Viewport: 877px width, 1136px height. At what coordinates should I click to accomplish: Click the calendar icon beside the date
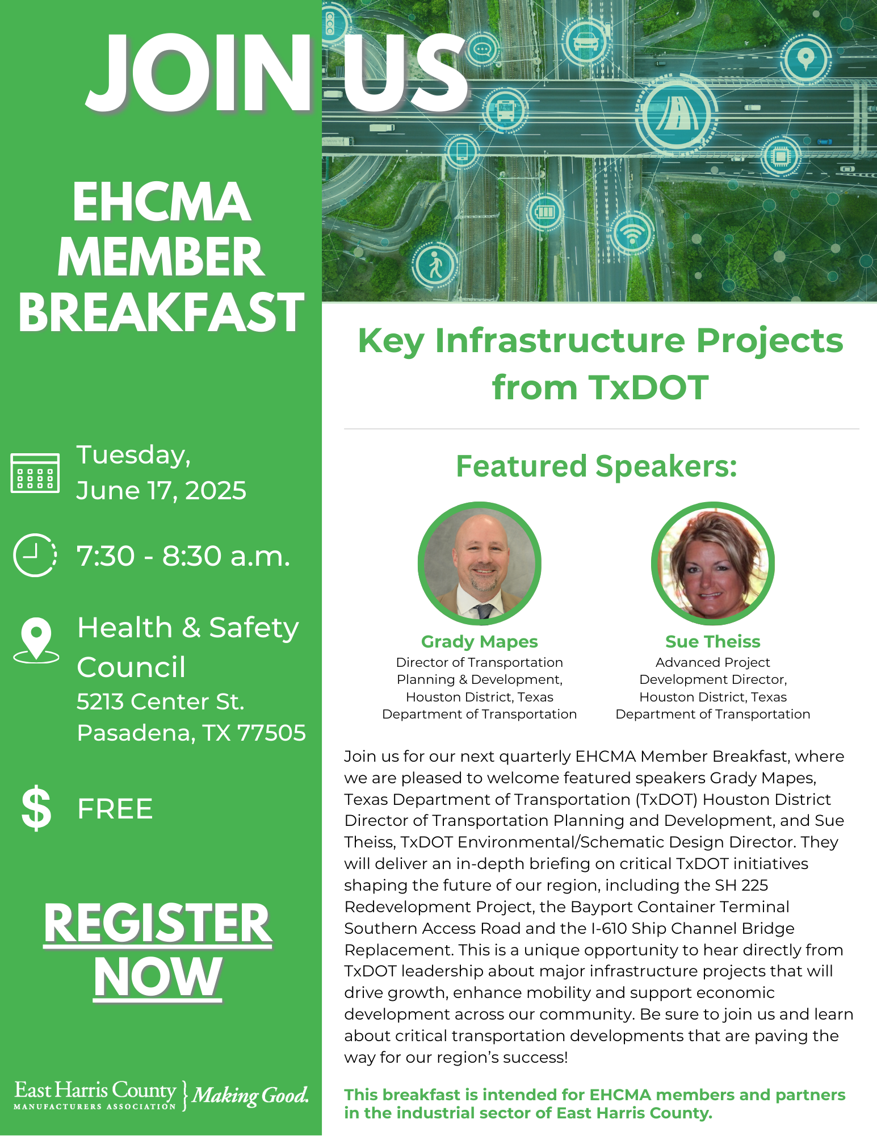click(x=35, y=473)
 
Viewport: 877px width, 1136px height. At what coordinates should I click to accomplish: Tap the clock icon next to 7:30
click(x=35, y=555)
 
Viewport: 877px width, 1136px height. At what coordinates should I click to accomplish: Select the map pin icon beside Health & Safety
click(x=36, y=640)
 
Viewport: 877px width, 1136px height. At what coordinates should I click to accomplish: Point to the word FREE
click(x=115, y=809)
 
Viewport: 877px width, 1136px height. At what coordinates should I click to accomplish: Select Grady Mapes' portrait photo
click(x=480, y=563)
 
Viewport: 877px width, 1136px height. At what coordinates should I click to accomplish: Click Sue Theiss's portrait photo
click(x=712, y=563)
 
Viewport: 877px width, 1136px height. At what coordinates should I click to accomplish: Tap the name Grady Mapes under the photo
click(x=479, y=641)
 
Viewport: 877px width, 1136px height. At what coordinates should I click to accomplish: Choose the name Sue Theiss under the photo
click(x=712, y=641)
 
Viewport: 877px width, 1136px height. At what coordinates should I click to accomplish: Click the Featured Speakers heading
click(x=596, y=466)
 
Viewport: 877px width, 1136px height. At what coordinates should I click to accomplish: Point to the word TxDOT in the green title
click(x=648, y=387)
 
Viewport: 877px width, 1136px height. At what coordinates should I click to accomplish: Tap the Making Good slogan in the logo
click(x=250, y=1095)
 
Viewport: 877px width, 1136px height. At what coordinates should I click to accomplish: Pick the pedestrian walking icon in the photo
click(x=435, y=265)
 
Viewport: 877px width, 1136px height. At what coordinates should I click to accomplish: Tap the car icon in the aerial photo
click(x=586, y=41)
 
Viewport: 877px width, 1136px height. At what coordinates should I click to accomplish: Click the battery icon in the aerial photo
click(x=545, y=212)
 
